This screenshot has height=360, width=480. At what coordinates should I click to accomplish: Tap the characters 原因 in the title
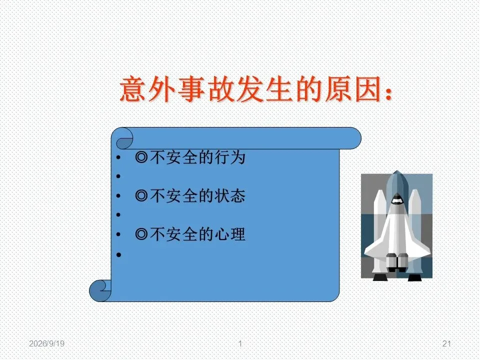click(x=352, y=89)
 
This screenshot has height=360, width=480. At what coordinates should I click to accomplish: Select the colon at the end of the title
click(x=388, y=92)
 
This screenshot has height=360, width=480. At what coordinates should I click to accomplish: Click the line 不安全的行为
click(x=190, y=157)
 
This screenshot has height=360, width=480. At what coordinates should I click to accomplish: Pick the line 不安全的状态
click(x=190, y=196)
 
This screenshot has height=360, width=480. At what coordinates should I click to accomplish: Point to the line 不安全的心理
click(x=190, y=234)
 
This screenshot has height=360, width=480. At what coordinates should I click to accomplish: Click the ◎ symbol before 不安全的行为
click(x=141, y=157)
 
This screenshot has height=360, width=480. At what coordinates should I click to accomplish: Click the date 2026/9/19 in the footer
click(x=47, y=343)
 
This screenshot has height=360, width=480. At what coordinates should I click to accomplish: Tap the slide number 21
click(x=446, y=343)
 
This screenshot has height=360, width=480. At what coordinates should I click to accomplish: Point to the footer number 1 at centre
click(x=240, y=343)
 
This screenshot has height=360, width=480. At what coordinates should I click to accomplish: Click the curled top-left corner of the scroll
click(x=124, y=138)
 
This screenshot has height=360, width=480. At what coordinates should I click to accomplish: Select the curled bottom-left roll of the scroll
click(x=100, y=290)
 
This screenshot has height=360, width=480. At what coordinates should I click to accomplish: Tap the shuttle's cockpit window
click(x=397, y=200)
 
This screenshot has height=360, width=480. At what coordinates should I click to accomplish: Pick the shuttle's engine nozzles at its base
click(x=397, y=261)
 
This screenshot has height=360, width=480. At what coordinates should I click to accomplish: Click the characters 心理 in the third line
click(x=230, y=234)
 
